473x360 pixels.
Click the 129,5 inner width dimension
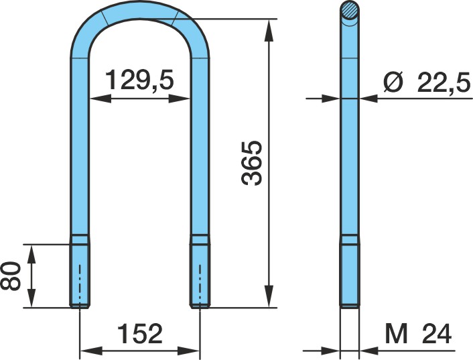pyautogui.click(x=139, y=80)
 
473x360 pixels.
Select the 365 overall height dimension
pyautogui.click(x=252, y=163)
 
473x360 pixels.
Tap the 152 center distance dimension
pyautogui.click(x=139, y=333)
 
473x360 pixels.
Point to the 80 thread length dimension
pyautogui.click(x=11, y=276)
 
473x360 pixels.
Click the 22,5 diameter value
pyautogui.click(x=444, y=82)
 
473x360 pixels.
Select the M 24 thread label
pyautogui.click(x=418, y=334)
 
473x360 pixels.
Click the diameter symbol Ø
pyautogui.click(x=394, y=82)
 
